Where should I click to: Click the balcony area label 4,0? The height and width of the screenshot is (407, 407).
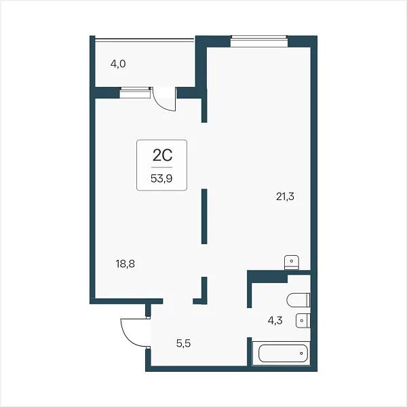point(118,64)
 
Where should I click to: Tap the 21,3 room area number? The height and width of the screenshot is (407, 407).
point(285,197)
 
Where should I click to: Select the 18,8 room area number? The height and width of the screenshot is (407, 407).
point(125,264)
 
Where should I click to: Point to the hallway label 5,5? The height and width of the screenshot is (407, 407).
point(184,343)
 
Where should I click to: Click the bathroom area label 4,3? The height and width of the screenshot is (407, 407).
point(275,321)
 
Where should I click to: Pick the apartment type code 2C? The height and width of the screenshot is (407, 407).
point(163,155)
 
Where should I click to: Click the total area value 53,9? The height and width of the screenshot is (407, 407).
point(161,178)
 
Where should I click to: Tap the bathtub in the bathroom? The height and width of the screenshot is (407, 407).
point(283,353)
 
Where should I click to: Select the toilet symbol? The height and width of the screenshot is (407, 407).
point(298,300)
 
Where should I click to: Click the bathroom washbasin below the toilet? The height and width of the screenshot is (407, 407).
point(303,321)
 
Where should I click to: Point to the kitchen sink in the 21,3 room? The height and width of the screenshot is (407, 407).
point(292,263)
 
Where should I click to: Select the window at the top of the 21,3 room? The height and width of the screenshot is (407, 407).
point(259,41)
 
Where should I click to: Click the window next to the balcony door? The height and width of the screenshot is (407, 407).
point(135,93)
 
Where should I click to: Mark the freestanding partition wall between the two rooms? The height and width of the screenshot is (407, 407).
point(204,216)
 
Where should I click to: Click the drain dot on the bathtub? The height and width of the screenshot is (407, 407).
point(301,353)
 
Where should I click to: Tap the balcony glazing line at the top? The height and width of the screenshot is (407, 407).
point(144,39)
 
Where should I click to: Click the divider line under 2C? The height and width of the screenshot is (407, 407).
point(162,167)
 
